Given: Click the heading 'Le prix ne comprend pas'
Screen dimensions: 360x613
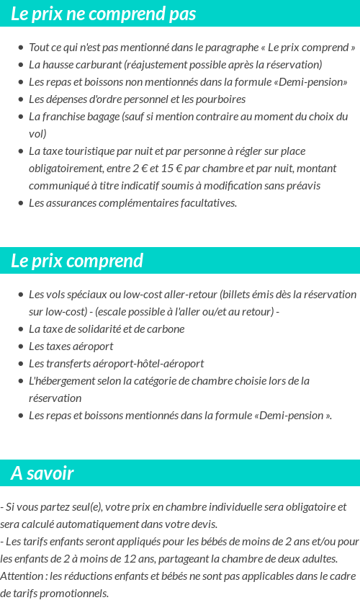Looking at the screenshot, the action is [x=103, y=14].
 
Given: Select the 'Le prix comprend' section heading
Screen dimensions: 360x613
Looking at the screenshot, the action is [x=77, y=260].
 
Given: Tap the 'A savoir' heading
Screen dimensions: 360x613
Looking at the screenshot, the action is [x=42, y=473].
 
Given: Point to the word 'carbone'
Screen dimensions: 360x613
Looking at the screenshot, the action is [x=166, y=328].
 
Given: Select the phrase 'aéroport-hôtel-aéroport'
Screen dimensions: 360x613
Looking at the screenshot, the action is [x=148, y=363].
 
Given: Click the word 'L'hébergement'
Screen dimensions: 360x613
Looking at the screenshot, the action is [x=60, y=380].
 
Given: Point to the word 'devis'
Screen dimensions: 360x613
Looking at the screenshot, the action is [x=202, y=524].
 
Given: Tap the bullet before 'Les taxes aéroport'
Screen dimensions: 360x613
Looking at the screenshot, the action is [x=20, y=346].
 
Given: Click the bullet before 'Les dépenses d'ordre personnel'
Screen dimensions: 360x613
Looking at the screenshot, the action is [x=20, y=99].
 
